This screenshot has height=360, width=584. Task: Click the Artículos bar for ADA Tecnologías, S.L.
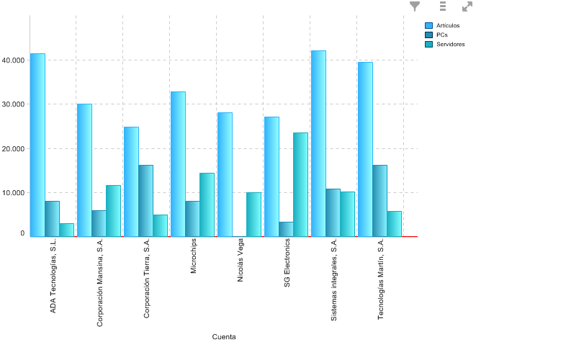[x=37, y=145]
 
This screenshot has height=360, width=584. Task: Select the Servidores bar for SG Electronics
[x=300, y=184]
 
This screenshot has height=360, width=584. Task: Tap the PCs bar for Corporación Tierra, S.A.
[x=145, y=200]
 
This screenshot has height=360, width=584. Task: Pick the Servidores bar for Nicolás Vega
[x=253, y=214]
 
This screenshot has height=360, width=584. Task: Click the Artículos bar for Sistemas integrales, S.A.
[x=318, y=143]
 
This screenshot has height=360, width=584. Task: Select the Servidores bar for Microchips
[x=207, y=204]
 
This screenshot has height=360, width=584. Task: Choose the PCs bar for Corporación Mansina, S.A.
[x=99, y=223]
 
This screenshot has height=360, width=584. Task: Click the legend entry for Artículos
[x=447, y=26]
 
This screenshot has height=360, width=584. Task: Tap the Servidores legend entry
[x=450, y=45]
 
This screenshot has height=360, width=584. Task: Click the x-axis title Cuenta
[x=224, y=337]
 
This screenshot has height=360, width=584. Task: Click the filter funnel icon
[x=415, y=6]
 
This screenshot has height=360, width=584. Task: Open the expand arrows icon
[x=467, y=6]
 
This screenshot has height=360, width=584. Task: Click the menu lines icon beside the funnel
[x=443, y=6]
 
